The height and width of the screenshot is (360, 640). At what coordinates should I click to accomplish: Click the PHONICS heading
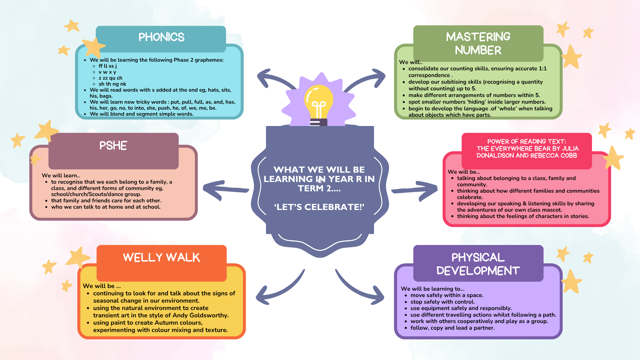point(161,37)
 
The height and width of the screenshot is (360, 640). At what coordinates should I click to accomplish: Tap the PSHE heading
point(113,146)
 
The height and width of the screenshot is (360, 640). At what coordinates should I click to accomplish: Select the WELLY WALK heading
point(161,257)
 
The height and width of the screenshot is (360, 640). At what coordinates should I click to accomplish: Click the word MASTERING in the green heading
point(478,37)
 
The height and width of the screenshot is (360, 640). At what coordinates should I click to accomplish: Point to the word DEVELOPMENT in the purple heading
point(478,271)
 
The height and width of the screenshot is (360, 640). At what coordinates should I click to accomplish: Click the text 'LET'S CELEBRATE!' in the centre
point(319,207)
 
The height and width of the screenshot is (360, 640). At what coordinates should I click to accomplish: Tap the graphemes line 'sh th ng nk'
point(112,84)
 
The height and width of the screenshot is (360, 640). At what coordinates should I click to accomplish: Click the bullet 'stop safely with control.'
point(442,302)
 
